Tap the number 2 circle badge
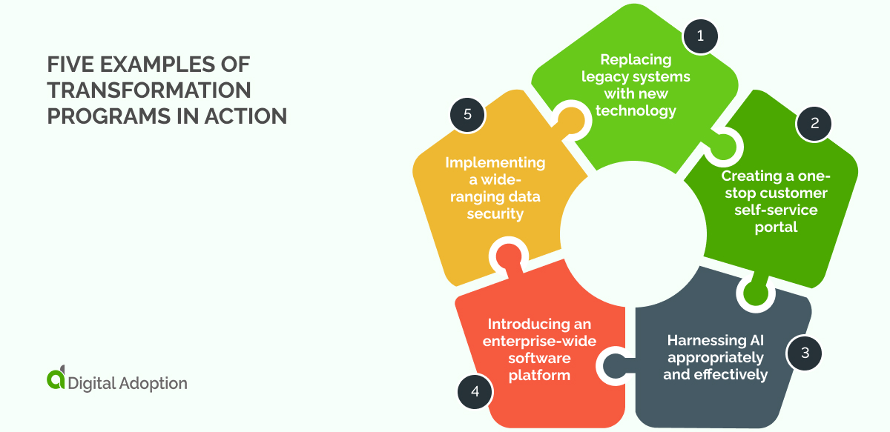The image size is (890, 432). pyautogui.click(x=814, y=124)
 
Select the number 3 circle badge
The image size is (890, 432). pyautogui.click(x=804, y=353)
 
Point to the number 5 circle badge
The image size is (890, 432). pyautogui.click(x=467, y=115)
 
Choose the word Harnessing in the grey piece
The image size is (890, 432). pyautogui.click(x=706, y=340)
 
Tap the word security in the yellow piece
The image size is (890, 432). pyautogui.click(x=495, y=213)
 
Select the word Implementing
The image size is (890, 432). pyautogui.click(x=495, y=163)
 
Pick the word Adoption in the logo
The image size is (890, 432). pyautogui.click(x=154, y=383)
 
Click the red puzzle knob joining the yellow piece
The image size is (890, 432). pyautogui.click(x=508, y=256)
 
